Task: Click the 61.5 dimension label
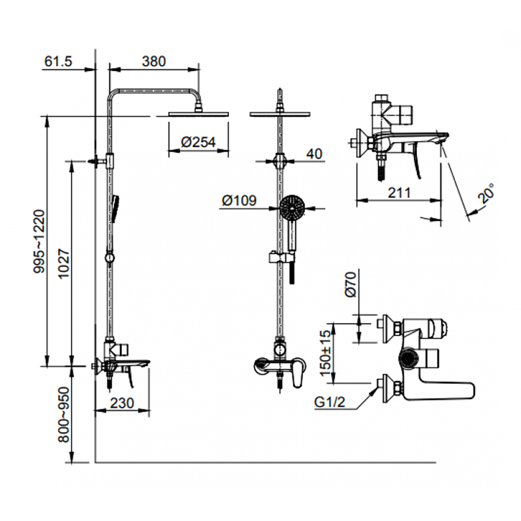[58, 61]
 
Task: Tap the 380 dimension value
[154, 61]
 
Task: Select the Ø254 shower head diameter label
[198, 143]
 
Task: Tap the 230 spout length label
[122, 403]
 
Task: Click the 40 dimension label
[314, 154]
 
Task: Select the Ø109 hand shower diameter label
[239, 201]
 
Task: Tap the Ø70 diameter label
[351, 284]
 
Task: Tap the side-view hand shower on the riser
[115, 207]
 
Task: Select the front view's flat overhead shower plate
[280, 114]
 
